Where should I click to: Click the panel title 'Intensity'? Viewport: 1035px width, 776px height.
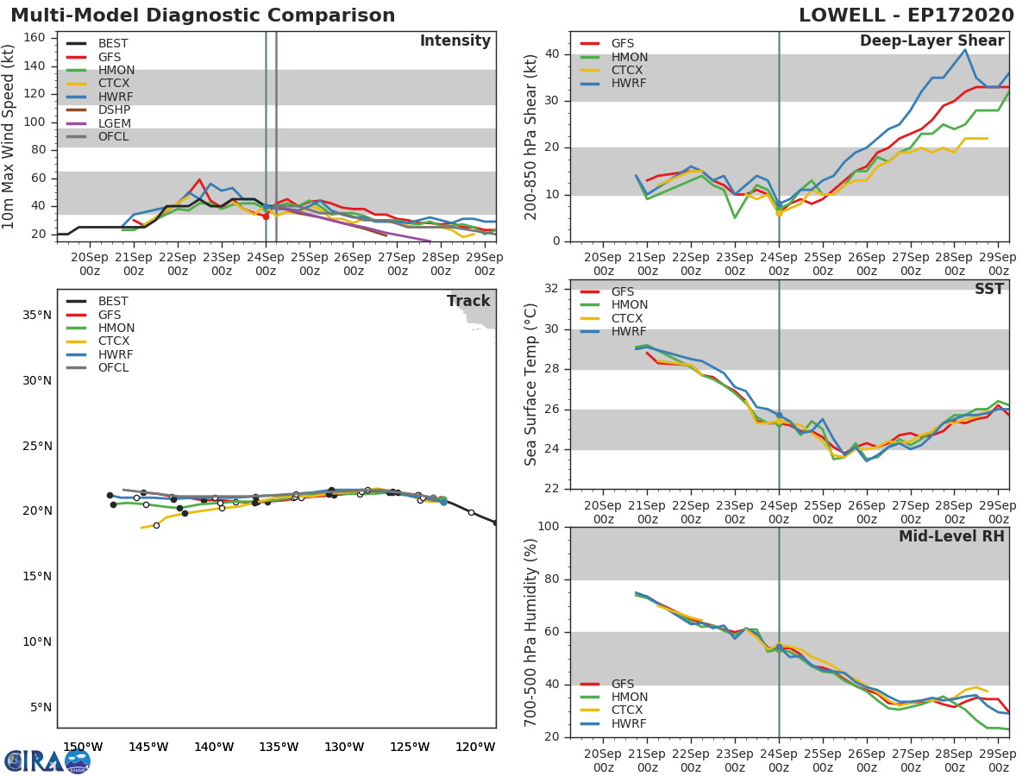(455, 41)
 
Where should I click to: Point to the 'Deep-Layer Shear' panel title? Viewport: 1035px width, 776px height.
(931, 41)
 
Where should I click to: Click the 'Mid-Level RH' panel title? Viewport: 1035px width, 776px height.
(951, 536)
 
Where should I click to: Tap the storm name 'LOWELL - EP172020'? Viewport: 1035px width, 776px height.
(906, 16)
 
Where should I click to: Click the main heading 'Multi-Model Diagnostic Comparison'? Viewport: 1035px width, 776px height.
(203, 16)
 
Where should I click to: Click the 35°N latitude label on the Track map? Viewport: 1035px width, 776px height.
(37, 316)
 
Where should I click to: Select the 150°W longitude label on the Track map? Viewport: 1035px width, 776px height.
(83, 747)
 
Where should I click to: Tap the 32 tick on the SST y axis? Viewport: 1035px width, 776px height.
(552, 288)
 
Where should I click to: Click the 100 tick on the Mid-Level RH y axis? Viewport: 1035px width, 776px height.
(548, 526)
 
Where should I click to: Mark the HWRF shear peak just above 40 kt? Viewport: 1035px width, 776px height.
(965, 49)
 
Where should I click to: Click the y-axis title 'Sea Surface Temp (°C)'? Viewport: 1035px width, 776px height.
(530, 385)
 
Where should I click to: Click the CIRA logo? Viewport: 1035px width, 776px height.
(47, 761)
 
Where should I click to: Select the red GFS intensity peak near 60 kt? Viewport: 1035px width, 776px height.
(200, 179)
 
